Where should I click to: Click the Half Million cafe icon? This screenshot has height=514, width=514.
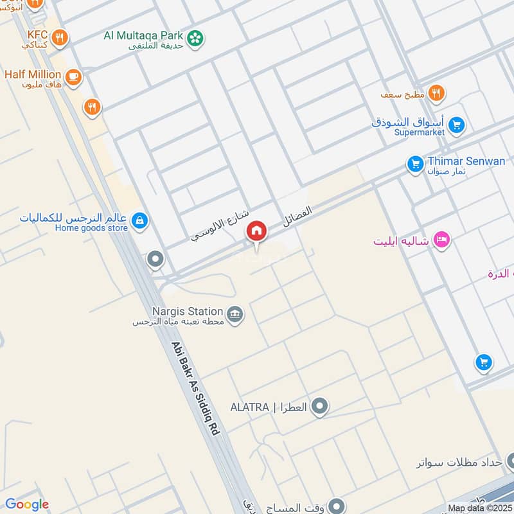73,76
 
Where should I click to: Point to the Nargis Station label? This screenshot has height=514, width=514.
188,311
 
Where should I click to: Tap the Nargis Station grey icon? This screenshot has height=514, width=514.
236,314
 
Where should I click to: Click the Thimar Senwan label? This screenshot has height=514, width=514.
466,161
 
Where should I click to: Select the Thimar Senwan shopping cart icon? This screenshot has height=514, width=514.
415,164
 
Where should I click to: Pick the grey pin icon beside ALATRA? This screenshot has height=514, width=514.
319,407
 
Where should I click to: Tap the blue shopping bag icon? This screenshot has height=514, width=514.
139,222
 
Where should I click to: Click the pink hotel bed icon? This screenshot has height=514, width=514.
441,240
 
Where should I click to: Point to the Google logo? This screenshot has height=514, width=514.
26,504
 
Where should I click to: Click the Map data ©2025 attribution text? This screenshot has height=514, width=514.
479,508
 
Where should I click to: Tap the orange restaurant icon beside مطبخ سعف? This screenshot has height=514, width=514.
436,94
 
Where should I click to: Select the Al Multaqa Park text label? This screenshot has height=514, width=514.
143,35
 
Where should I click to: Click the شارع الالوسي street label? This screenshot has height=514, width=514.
219,227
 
